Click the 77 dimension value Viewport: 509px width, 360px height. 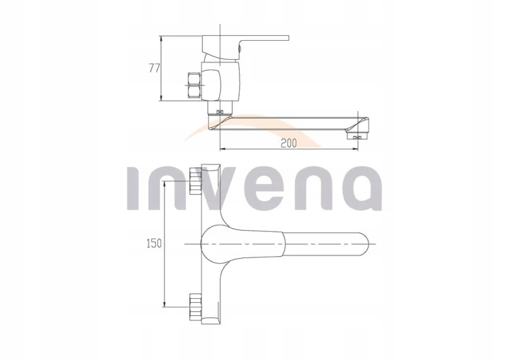tap(155, 68)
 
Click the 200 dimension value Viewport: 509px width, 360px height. tap(288, 143)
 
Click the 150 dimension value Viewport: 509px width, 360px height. tap(154, 243)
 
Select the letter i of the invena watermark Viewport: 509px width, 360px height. tap(133, 187)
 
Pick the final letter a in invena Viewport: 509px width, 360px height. tap(362, 187)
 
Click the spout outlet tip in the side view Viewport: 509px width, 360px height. tap(358, 134)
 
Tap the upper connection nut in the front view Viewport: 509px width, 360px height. tap(195, 181)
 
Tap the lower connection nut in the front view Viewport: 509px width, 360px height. tap(195, 306)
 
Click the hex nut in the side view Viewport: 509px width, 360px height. tap(194, 86)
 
